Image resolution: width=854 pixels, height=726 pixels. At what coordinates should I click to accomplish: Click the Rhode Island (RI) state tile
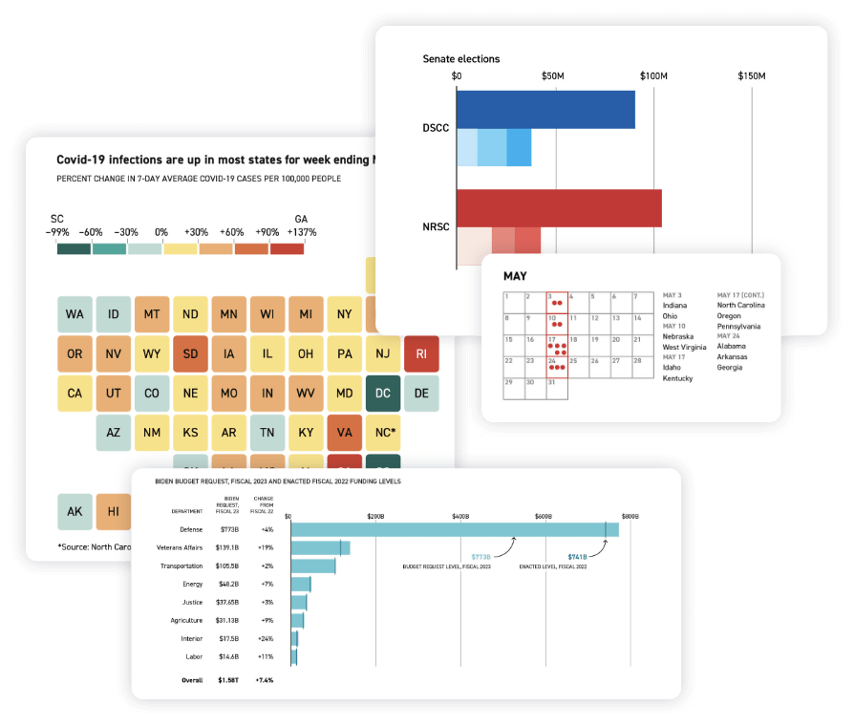point(421,353)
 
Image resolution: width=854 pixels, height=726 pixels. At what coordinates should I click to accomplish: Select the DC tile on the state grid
point(382,393)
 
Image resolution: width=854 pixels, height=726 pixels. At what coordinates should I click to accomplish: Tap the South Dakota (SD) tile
point(190,353)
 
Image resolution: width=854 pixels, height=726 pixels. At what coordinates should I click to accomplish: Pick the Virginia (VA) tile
point(344,432)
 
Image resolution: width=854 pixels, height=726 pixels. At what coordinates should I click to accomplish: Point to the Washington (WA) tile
point(75,314)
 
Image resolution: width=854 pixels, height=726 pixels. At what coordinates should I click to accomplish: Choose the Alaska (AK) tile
point(75,511)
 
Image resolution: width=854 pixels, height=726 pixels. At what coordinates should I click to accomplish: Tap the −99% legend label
point(59,231)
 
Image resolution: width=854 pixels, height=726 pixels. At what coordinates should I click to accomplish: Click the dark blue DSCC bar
point(545,110)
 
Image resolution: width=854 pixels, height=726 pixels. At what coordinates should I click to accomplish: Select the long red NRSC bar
point(559,208)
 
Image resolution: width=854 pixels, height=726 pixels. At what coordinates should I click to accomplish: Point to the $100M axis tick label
point(653,75)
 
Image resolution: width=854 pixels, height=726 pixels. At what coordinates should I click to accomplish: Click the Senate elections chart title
point(461,59)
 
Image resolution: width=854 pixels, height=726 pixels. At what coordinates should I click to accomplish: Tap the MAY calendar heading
point(517,276)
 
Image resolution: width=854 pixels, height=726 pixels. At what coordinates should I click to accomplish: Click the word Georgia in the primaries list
point(731,368)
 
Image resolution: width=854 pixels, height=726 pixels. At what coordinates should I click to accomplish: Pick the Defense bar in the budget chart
point(455,529)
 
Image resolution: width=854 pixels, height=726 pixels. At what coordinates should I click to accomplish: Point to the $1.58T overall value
point(228,680)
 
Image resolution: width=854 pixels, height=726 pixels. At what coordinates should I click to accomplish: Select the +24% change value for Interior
point(265,638)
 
